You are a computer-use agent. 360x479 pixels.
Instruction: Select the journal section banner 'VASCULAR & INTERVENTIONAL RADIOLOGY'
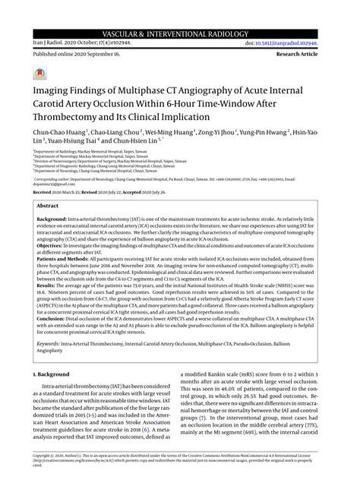click(179, 13)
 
